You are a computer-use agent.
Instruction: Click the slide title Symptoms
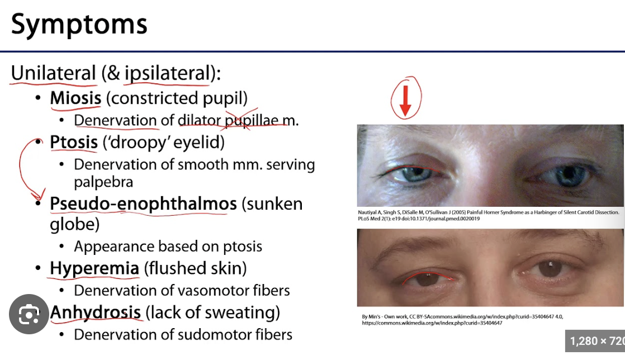[79, 24]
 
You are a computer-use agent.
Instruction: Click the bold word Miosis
[75, 98]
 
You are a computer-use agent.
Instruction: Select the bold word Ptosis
[74, 143]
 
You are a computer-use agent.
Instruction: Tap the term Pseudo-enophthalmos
[143, 204]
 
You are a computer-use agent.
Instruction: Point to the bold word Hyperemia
[94, 268]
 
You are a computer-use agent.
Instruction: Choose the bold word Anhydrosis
[96, 312]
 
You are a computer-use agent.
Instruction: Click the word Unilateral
[54, 73]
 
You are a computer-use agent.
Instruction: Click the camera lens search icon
[29, 314]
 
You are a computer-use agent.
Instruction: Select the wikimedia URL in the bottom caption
[432, 323]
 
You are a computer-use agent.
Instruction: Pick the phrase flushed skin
[196, 268]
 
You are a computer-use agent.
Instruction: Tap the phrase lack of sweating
[213, 312]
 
